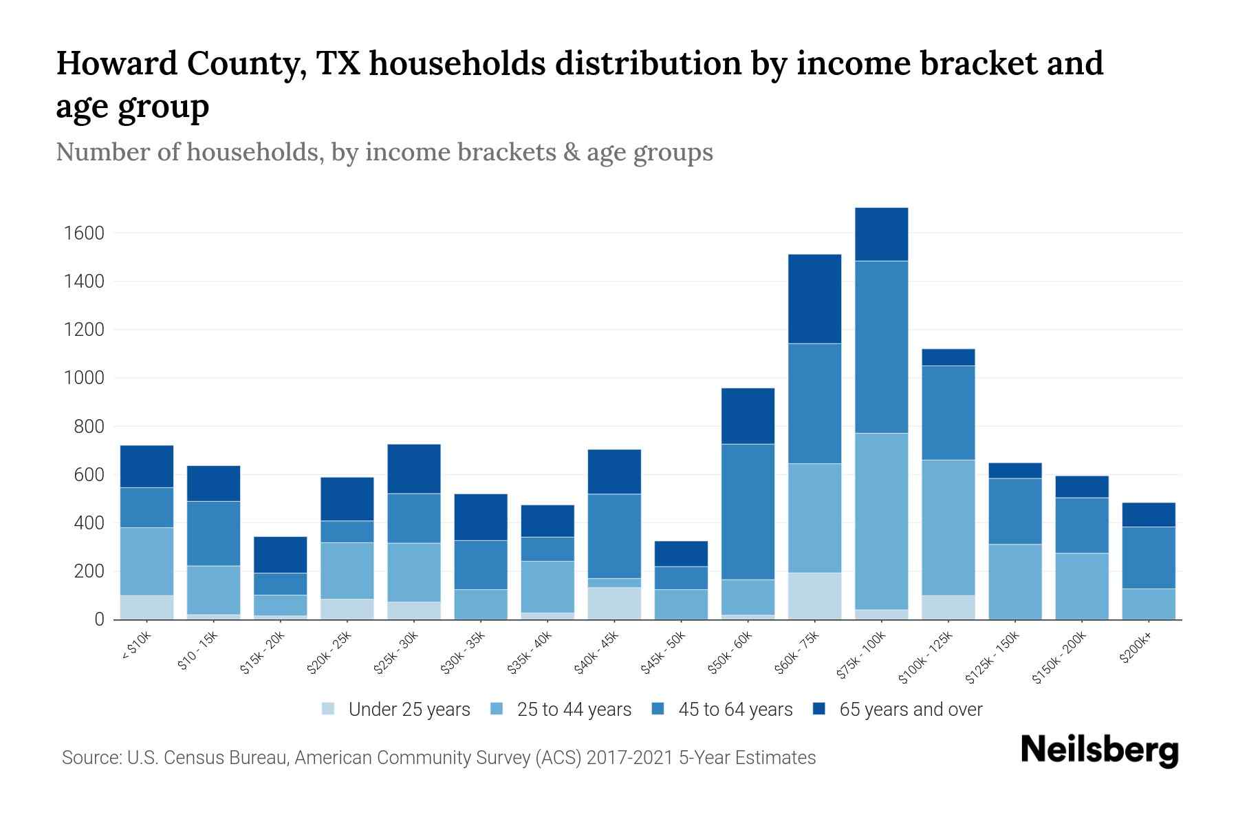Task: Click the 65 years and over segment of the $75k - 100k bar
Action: pos(881,234)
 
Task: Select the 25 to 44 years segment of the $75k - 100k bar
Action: pos(881,521)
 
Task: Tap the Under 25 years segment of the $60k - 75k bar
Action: pos(814,596)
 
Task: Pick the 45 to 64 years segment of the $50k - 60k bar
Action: pos(748,511)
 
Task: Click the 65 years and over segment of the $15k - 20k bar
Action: pos(280,555)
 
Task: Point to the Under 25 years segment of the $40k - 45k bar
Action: pos(614,604)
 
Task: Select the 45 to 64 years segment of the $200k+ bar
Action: pos(1149,558)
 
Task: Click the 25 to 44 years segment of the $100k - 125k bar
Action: pos(948,527)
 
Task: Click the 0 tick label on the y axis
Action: pos(99,619)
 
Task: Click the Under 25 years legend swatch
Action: pos(329,709)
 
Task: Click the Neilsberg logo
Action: pos(1099,752)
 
